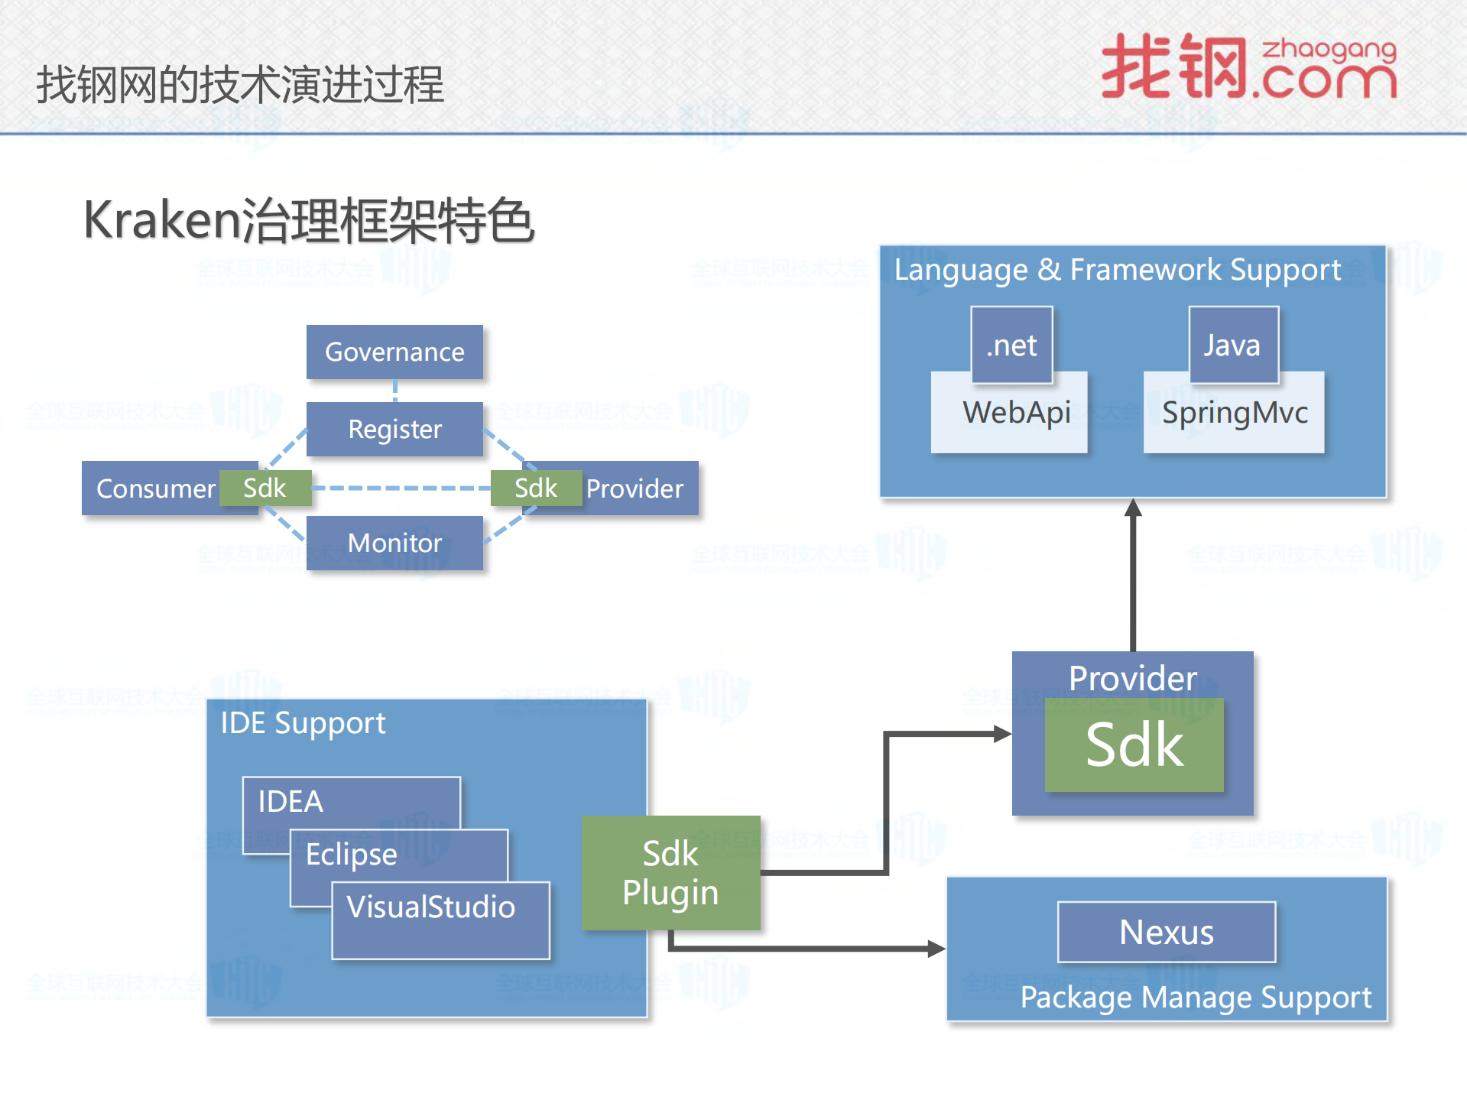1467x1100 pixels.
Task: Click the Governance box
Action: click(394, 352)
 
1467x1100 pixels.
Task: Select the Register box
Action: click(394, 429)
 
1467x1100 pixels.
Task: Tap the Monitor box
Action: click(394, 543)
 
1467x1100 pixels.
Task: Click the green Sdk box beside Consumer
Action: click(265, 488)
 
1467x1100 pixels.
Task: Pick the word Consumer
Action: click(155, 488)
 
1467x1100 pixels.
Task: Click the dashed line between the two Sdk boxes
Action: click(401, 488)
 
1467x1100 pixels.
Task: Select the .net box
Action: click(1011, 346)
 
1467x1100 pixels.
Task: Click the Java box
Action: click(1232, 346)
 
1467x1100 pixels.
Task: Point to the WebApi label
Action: click(1016, 413)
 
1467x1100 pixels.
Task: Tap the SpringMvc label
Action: click(1235, 413)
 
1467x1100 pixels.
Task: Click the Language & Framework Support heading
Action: click(1117, 270)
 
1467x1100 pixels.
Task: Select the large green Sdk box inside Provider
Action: click(1134, 745)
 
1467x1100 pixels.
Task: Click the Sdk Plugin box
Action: click(670, 873)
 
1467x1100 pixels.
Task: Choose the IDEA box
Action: click(290, 801)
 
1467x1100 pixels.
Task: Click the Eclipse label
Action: click(351, 854)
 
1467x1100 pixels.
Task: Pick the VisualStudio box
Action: click(440, 920)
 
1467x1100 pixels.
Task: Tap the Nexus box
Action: click(1166, 932)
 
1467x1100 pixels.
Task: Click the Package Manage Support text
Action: click(1196, 997)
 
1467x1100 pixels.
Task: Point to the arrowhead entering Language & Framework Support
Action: click(1133, 508)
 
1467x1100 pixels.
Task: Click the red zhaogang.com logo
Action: click(1248, 67)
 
